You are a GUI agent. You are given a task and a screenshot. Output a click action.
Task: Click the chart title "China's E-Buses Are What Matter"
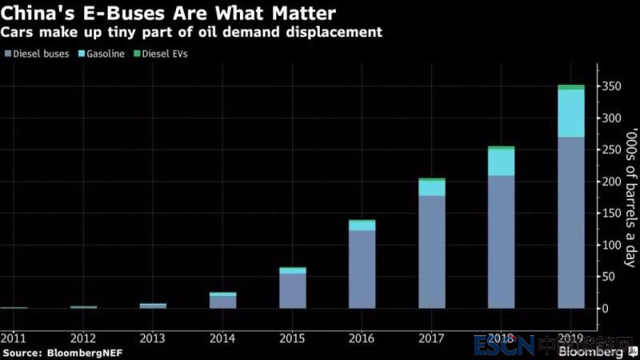[169, 13]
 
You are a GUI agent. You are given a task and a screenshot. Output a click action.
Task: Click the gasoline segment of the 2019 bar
[570, 113]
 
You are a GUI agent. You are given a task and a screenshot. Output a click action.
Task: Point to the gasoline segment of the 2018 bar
[502, 162]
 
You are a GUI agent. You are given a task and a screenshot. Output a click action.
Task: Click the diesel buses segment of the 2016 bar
[362, 269]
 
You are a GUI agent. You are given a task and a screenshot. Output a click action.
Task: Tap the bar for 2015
[293, 288]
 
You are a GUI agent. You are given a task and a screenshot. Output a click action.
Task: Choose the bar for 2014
[223, 300]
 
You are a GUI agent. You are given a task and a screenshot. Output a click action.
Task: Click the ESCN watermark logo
[503, 346]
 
